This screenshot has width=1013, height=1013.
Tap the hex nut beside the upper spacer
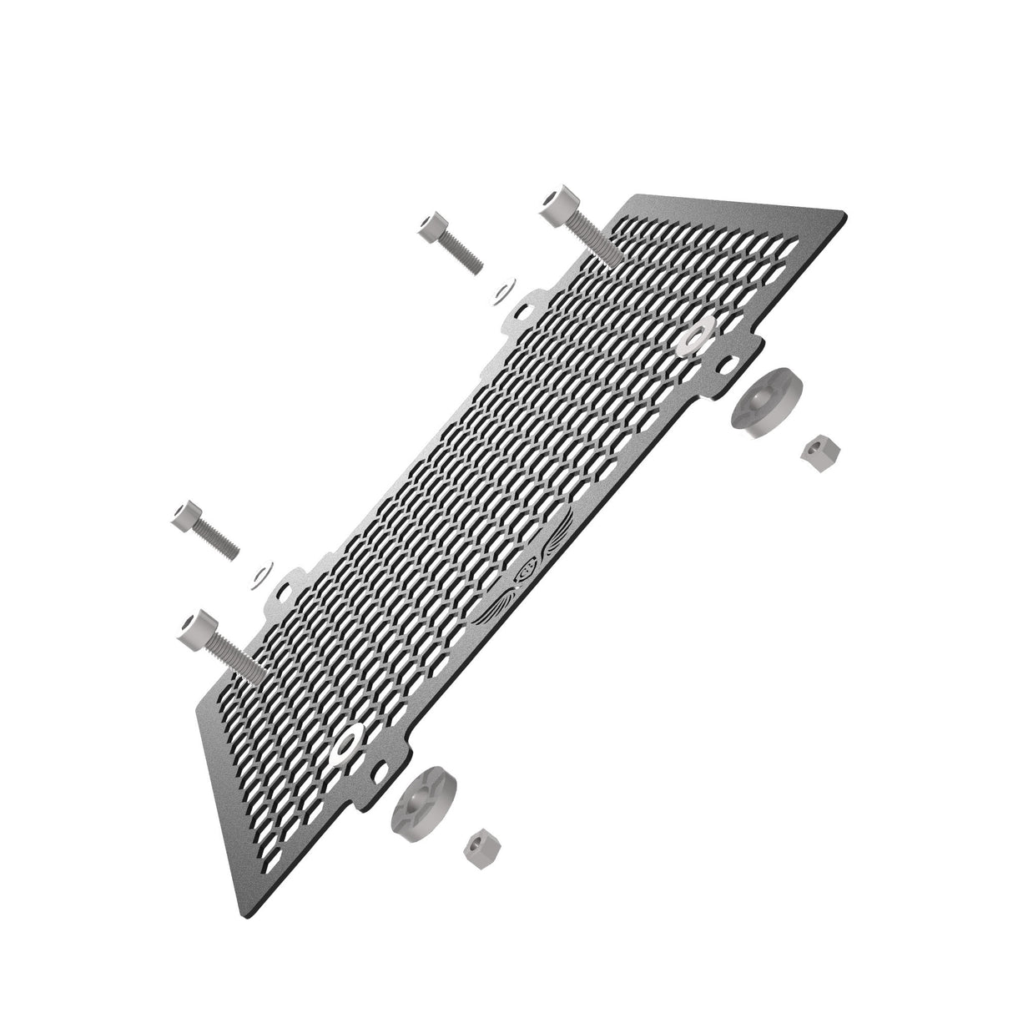819,451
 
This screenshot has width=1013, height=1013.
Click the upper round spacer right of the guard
764,401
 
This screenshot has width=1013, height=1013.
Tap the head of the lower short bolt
187,517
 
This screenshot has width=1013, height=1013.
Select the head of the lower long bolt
194,625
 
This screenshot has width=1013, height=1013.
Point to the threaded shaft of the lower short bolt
220,543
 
